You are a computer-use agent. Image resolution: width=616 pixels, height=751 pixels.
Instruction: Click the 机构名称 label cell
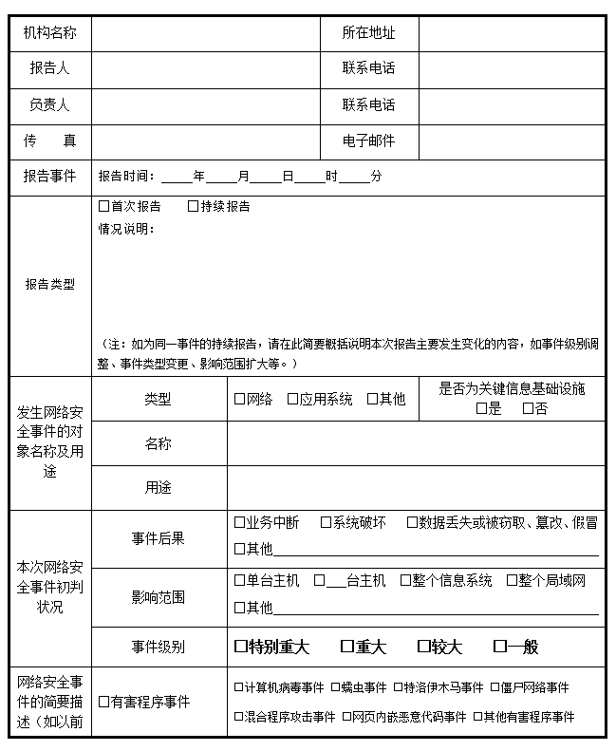point(50,33)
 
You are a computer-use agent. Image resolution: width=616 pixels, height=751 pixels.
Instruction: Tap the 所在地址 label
point(368,33)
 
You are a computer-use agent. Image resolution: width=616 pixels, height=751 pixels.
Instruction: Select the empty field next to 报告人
point(205,69)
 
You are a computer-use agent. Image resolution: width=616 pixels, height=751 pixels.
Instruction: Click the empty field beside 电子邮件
point(511,141)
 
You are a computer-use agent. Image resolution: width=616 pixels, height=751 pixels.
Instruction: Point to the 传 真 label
point(50,141)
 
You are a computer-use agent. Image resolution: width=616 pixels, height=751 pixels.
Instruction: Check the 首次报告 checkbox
point(104,206)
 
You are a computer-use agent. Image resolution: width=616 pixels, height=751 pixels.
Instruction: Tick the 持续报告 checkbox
point(194,206)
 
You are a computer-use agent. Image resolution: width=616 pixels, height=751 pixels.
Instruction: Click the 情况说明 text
point(126,229)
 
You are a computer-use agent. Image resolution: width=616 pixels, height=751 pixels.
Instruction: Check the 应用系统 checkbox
point(293,400)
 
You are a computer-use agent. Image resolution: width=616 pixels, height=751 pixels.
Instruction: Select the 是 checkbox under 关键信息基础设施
point(481,409)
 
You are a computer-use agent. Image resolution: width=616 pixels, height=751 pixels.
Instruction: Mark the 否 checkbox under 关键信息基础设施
point(528,409)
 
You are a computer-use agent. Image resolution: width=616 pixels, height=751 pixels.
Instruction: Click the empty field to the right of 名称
point(415,443)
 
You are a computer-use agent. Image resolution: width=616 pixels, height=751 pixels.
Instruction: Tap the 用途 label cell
point(159,488)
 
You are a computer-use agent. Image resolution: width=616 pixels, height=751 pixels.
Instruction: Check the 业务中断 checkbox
point(239,522)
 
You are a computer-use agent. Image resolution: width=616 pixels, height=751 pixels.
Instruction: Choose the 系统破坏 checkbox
point(326,522)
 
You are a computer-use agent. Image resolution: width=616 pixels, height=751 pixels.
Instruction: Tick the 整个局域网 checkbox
point(512,580)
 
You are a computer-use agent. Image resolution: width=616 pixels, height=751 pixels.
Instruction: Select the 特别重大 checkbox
point(240,647)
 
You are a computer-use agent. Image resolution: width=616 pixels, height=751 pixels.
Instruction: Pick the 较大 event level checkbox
point(423,647)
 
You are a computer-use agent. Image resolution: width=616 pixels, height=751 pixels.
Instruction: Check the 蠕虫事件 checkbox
point(335,687)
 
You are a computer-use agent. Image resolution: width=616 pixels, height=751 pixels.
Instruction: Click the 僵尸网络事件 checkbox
point(495,687)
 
